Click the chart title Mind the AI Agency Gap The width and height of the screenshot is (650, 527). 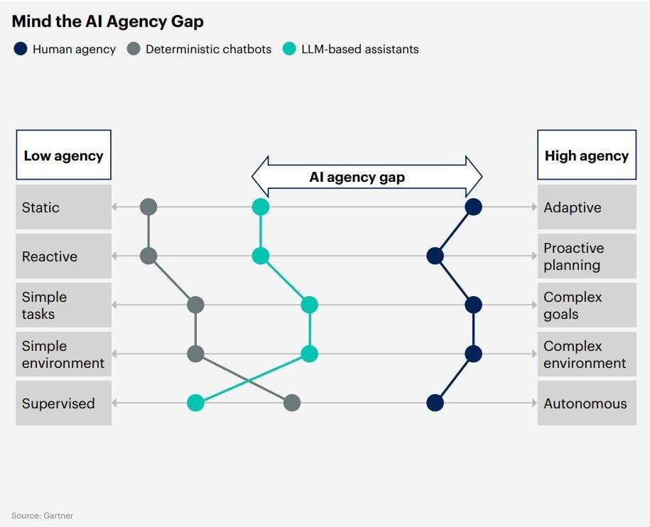pos(107,21)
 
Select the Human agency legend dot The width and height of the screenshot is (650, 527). pos(20,49)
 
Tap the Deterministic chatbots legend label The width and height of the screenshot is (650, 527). pos(208,49)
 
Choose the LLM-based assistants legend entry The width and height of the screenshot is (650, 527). pos(359,49)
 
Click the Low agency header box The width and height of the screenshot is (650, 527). pos(63,155)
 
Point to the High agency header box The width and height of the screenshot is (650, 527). pos(586,155)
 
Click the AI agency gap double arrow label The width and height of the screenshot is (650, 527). pos(357,177)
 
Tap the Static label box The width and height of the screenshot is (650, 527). pos(63,207)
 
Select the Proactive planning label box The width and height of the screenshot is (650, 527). pos(586,256)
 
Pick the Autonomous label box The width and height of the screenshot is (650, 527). pos(586,403)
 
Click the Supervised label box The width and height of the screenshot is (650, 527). pos(63,403)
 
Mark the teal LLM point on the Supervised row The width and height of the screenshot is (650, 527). pos(195,403)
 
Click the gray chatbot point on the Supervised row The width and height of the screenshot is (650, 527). pos(291,403)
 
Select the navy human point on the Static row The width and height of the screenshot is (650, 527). pos(474,207)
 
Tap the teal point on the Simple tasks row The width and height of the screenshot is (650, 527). pos(309,305)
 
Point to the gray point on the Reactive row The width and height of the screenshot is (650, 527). pos(148,256)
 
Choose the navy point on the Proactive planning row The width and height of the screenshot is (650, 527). pos(435,256)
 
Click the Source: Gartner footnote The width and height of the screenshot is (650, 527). pos(42,516)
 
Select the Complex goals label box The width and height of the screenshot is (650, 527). pos(586,305)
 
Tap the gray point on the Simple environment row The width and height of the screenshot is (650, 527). pos(195,354)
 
